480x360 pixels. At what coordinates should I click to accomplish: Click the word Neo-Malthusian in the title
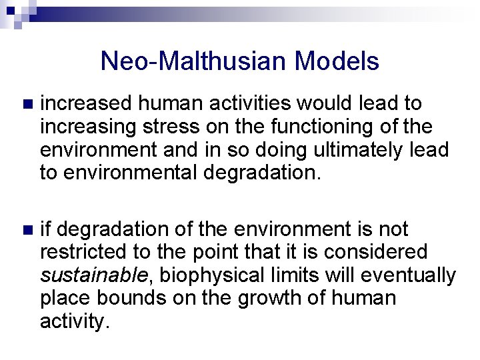tap(193, 61)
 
